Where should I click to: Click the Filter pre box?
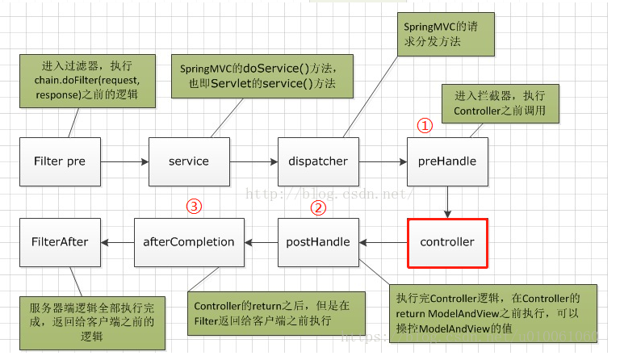pyautogui.click(x=60, y=161)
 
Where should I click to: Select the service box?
pyautogui.click(x=189, y=161)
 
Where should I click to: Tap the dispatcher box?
pyautogui.click(x=319, y=161)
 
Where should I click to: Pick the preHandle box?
pyautogui.click(x=447, y=161)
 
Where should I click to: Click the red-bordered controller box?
pyautogui.click(x=447, y=242)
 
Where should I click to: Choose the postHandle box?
pyautogui.click(x=319, y=242)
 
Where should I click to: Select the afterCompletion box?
pyautogui.click(x=189, y=242)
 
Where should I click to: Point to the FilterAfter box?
pyautogui.click(x=60, y=242)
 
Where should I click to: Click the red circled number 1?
pyautogui.click(x=425, y=126)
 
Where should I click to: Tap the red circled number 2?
pyautogui.click(x=319, y=207)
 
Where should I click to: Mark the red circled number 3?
pyautogui.click(x=194, y=207)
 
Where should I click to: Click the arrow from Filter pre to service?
pyautogui.click(x=124, y=161)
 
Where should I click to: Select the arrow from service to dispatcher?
pyautogui.click(x=253, y=161)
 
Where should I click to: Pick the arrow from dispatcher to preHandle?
pyautogui.click(x=383, y=161)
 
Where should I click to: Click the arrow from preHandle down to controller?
pyautogui.click(x=447, y=201)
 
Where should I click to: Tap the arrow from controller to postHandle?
pyautogui.click(x=383, y=242)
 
